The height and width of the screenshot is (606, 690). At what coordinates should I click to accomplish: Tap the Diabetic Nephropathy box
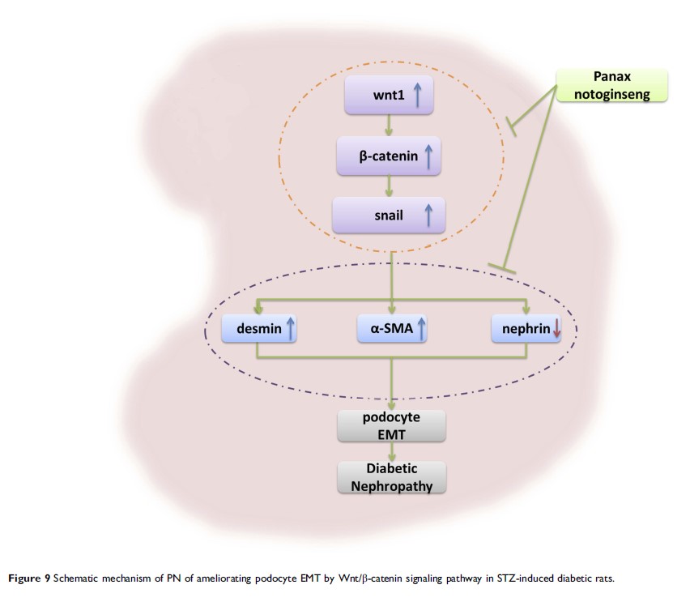pyautogui.click(x=392, y=477)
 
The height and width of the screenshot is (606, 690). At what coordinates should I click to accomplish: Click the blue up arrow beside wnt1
pyautogui.click(x=418, y=96)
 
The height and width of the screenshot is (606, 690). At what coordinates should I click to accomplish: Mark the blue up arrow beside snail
pyautogui.click(x=428, y=215)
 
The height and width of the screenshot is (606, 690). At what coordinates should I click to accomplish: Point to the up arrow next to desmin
pyautogui.click(x=290, y=328)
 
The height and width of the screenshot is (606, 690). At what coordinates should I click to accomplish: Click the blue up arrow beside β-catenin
pyautogui.click(x=428, y=156)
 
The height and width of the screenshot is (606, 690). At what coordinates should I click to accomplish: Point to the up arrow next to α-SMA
pyautogui.click(x=421, y=328)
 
